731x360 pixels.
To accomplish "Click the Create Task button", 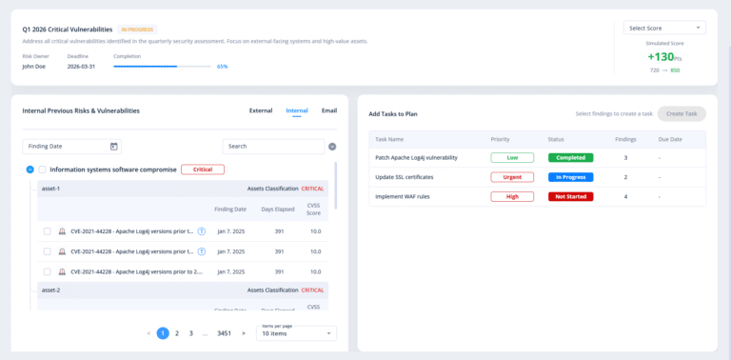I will pyautogui.click(x=681, y=113).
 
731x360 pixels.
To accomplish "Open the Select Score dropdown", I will pyautogui.click(x=664, y=28).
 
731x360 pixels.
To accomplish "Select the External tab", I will pyautogui.click(x=261, y=110).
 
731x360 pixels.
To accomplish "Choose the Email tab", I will pyautogui.click(x=329, y=110).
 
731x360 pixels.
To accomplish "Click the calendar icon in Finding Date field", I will pyautogui.click(x=114, y=146).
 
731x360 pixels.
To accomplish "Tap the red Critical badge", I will pyautogui.click(x=202, y=170).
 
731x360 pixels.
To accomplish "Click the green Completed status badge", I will pyautogui.click(x=571, y=157).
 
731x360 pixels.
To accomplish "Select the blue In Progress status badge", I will pyautogui.click(x=571, y=177).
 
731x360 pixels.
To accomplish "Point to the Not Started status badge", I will pyautogui.click(x=571, y=197).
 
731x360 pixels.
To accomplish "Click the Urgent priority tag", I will pyautogui.click(x=512, y=177).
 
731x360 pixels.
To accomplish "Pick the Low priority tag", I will pyautogui.click(x=512, y=157).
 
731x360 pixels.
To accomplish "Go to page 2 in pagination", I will pyautogui.click(x=177, y=333).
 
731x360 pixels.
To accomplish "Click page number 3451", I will pyautogui.click(x=224, y=333).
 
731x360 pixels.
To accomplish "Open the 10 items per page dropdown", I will pyautogui.click(x=296, y=333).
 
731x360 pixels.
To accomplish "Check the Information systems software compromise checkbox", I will pyautogui.click(x=43, y=170).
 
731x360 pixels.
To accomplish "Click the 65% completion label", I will pyautogui.click(x=222, y=67).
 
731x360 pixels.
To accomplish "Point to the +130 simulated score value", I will pyautogui.click(x=662, y=56).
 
